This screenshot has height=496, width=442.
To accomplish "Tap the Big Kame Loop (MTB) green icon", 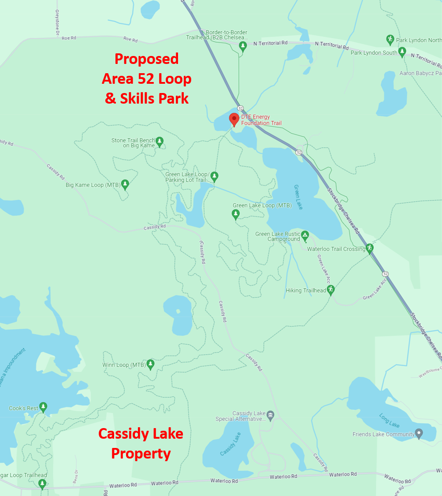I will point(125,184).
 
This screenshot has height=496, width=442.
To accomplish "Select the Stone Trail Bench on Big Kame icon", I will point(160,142).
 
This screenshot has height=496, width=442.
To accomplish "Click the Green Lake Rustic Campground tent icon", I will point(305,236).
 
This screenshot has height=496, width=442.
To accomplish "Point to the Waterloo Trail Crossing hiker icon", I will point(370,249).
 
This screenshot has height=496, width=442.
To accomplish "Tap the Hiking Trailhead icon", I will point(331,290).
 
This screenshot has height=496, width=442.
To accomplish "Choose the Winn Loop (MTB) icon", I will point(150,364).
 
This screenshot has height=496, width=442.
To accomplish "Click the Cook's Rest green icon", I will point(43,407).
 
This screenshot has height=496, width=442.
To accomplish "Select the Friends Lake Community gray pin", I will point(419,434).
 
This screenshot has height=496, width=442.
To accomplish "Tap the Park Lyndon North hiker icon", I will point(390,40).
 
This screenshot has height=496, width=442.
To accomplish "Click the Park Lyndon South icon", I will point(402,52).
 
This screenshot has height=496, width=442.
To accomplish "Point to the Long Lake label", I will point(389,420).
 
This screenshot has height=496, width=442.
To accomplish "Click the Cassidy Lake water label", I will point(230,444).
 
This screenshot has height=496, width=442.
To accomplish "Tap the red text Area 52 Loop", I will point(146,78).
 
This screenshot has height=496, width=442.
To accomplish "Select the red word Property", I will point(141,453).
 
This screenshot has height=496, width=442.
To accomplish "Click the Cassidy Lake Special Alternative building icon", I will point(271,415).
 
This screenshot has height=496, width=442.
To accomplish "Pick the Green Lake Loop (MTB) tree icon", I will point(236,214).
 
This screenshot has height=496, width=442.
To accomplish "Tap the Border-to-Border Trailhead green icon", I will point(242,46).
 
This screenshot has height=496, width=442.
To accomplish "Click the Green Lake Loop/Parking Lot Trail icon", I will point(214,176).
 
